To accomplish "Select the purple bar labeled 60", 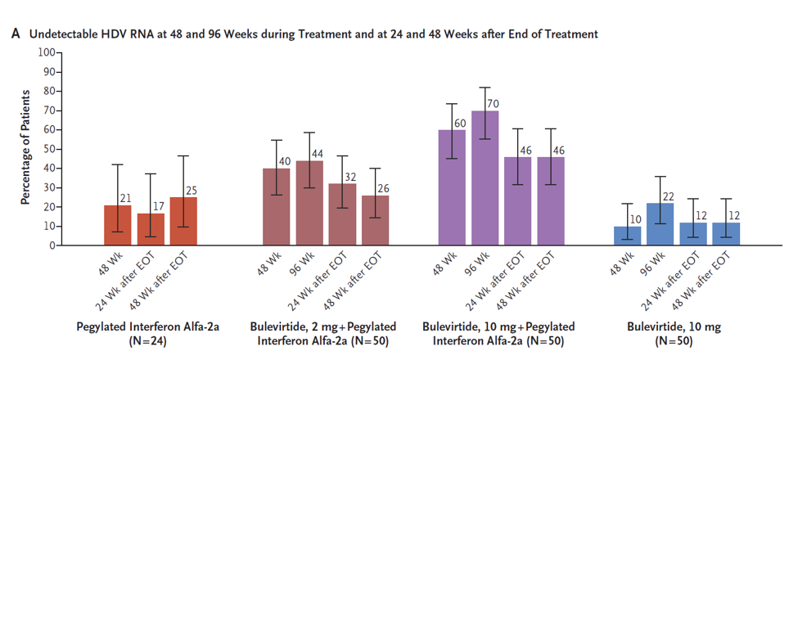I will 452,188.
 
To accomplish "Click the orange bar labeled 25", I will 183,222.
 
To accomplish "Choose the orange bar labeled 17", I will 151,229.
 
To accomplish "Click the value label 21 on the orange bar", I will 126,199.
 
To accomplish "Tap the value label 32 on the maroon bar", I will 349,178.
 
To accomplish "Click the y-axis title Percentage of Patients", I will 25,148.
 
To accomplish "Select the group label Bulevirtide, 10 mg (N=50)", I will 674,334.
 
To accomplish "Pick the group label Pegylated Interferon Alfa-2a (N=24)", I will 147,334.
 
